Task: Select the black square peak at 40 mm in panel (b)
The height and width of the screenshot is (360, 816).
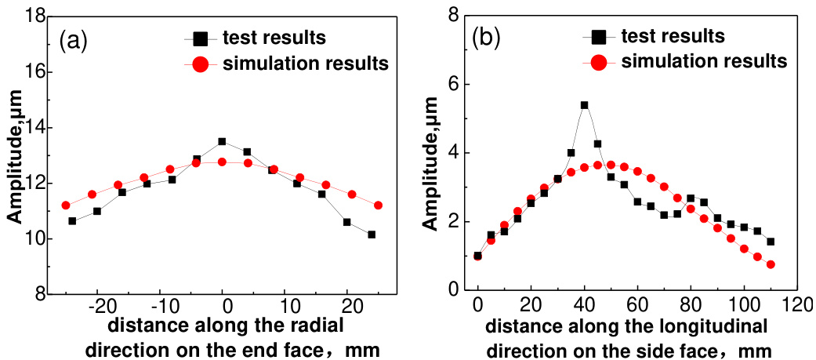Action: [584, 105]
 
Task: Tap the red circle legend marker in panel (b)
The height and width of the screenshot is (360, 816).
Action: [598, 60]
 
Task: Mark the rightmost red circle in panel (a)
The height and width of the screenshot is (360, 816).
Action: [379, 205]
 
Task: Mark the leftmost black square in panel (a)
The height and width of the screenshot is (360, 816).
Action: [72, 221]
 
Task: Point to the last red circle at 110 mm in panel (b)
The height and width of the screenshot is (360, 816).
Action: [771, 264]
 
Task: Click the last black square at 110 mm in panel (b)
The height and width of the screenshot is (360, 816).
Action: [771, 242]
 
